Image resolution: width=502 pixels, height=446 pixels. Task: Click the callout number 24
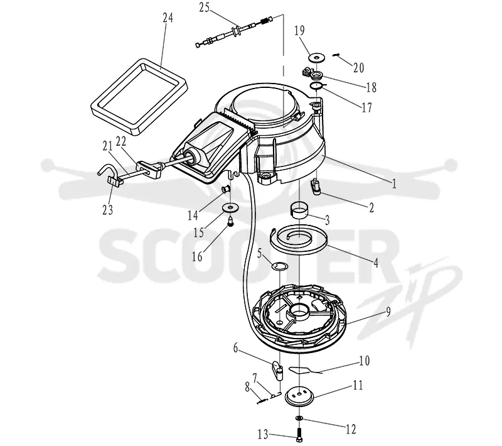point(168,18)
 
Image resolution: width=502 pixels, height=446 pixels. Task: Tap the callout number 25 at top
point(205,8)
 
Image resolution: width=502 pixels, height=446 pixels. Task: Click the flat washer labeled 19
point(317,58)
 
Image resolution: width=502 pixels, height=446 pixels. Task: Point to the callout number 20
point(358,68)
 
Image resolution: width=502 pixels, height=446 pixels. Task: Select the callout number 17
point(367,107)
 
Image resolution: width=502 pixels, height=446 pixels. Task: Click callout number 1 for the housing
point(394,183)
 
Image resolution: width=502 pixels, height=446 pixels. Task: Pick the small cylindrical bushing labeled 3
point(299,210)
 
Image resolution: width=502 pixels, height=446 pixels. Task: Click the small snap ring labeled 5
point(280,266)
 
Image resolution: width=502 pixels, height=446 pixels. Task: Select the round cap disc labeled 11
point(299,396)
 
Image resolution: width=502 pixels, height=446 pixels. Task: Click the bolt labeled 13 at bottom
point(299,435)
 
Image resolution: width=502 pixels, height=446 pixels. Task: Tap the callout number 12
point(351,428)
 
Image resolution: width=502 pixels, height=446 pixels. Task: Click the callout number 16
point(197,256)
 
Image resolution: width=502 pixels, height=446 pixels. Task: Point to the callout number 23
point(107,210)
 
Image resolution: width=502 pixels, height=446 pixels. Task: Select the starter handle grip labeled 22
point(149,169)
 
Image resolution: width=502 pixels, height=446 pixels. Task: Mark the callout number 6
point(236,347)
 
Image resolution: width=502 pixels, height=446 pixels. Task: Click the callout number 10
point(365,361)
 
